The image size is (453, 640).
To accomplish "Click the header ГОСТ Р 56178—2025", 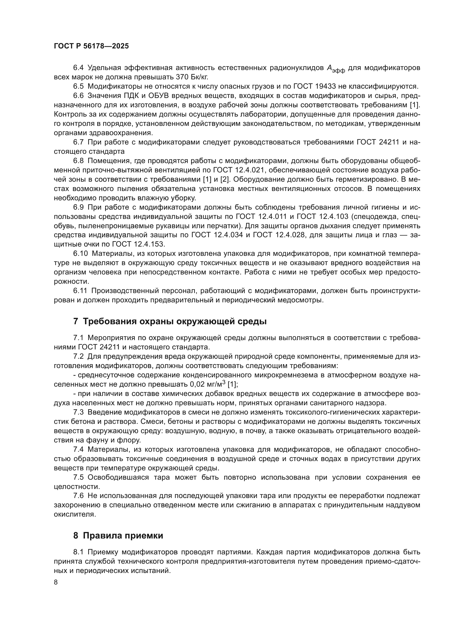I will click(91, 46).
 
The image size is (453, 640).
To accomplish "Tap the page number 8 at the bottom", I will click(56, 582).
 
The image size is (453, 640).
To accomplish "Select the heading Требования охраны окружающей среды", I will click(170, 322).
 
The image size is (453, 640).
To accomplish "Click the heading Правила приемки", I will click(118, 536).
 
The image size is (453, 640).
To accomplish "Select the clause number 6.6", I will click(78, 95).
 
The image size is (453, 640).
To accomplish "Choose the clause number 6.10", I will click(80, 254).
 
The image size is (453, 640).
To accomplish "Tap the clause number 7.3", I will click(78, 412).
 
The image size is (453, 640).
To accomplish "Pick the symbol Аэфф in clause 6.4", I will click(336, 69).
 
